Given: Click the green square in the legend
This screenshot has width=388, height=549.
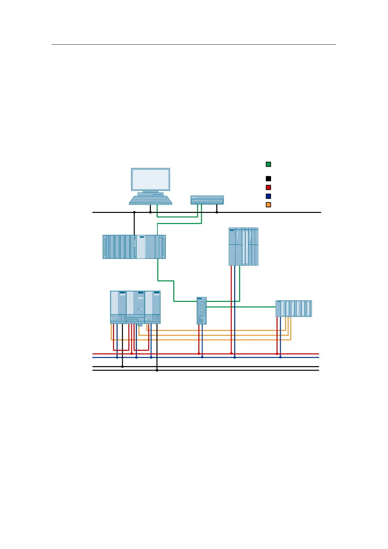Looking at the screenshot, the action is [x=268, y=164].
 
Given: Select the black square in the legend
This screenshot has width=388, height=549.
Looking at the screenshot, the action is [x=268, y=179].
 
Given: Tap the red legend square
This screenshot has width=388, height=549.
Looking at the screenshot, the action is [x=268, y=187].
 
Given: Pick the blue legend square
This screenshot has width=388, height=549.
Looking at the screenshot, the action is [x=268, y=196].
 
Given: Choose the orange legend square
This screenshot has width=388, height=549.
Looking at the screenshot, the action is [x=268, y=205].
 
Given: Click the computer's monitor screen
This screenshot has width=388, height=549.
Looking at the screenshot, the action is [x=151, y=179].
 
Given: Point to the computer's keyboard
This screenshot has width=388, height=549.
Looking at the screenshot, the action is [x=151, y=200].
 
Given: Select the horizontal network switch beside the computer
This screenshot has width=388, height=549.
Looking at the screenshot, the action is [x=207, y=200].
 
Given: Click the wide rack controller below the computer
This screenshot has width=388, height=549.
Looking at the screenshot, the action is [x=134, y=247].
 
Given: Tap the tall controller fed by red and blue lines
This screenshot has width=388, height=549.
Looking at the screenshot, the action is [x=243, y=246].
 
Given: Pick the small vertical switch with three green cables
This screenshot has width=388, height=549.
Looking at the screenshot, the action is [x=202, y=310].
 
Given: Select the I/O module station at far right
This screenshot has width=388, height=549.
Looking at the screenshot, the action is [x=294, y=308].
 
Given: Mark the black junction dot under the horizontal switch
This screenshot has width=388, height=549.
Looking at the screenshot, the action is [x=217, y=212].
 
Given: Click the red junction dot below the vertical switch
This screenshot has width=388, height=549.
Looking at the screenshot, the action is [x=199, y=353].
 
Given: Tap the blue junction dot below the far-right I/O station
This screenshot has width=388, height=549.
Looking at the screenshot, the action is [x=280, y=357].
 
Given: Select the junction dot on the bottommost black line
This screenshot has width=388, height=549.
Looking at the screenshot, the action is [x=157, y=370].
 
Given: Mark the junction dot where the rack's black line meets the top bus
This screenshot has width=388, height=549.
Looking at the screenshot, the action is [x=134, y=212].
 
